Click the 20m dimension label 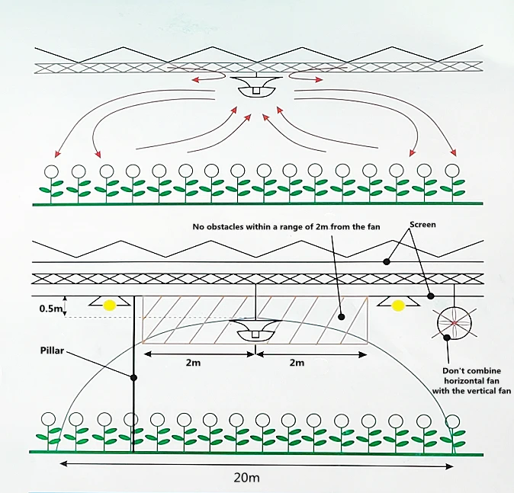point(246,478)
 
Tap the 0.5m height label point(50,309)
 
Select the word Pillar point(52,351)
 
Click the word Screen point(422,225)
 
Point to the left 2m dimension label point(193,363)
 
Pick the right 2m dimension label point(297,363)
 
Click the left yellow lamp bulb point(110,306)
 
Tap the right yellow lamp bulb point(397,306)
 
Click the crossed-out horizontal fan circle point(455,323)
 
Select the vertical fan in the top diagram point(255,87)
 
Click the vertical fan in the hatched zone point(255,330)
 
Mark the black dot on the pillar point(133,378)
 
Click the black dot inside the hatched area point(341,317)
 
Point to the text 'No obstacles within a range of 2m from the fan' point(286,226)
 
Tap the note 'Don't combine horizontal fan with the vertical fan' point(472,381)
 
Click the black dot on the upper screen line point(387,261)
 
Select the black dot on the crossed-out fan point(446,338)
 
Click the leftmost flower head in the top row point(51,171)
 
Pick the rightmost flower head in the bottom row point(453,421)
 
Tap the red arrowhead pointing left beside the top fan point(196,79)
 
